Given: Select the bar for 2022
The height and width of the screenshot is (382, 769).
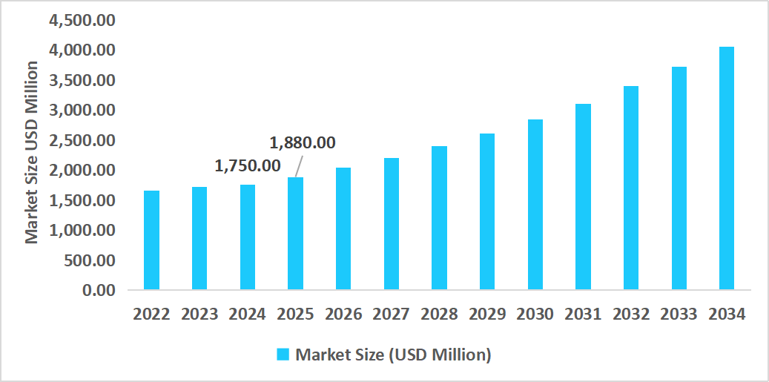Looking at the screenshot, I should coord(151,240).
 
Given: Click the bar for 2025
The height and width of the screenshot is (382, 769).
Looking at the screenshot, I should coord(295,233).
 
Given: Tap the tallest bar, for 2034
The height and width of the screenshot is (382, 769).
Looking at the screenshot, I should coord(726,168).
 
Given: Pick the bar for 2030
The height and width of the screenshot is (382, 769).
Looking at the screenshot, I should coord(535,204).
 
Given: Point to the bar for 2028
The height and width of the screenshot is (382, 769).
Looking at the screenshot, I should coord(439,217).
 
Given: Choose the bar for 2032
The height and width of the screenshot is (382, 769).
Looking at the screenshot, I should coord(630,188).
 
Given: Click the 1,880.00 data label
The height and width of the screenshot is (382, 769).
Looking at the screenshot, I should coord(302,142).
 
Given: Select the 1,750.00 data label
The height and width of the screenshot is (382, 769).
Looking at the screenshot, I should coord(248,166).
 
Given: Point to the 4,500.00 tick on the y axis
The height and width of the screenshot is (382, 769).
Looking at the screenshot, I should coord(82,20).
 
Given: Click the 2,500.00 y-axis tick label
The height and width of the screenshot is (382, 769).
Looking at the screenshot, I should coord(82,140).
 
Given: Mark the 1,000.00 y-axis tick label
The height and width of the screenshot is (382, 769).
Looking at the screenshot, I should coord(82,230).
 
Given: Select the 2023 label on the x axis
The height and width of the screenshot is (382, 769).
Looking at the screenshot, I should coord(199,314).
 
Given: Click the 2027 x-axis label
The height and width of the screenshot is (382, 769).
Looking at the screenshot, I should coord(391,314).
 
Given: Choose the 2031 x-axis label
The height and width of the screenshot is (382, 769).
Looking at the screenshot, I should coord(583,314).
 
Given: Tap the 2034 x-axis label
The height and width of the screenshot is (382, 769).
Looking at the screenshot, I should coord(726,314).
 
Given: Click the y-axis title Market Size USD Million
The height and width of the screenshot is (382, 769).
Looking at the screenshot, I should coord(31,153).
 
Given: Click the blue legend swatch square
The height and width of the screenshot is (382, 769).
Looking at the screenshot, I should coord(283,355).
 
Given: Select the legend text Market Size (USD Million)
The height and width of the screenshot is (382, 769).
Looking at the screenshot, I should coord(393,355).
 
